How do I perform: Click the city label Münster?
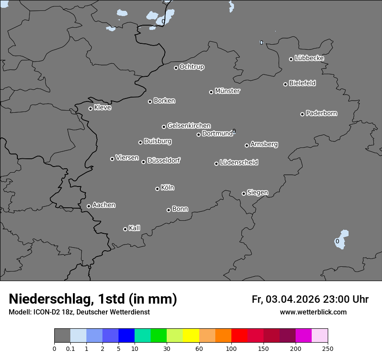[x=227, y=91]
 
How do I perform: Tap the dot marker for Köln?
[x=157, y=189]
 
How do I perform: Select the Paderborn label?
[x=321, y=113]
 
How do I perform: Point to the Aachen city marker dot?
[x=89, y=206]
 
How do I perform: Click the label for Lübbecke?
[x=309, y=58]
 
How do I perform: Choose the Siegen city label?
[x=257, y=193]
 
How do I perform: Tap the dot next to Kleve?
[x=90, y=108]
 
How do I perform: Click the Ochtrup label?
[x=191, y=67]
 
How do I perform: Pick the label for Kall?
[x=134, y=228]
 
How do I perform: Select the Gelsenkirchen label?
[x=189, y=126]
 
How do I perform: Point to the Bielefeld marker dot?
[x=286, y=84]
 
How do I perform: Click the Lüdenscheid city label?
[x=239, y=163]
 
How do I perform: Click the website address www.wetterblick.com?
[x=313, y=312]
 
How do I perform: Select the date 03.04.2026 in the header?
[x=293, y=299]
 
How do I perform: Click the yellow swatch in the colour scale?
[x=191, y=336]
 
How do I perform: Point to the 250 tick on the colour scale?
[x=328, y=348]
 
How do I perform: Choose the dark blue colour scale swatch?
[x=126, y=336]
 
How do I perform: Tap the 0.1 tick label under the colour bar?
[x=70, y=348]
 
